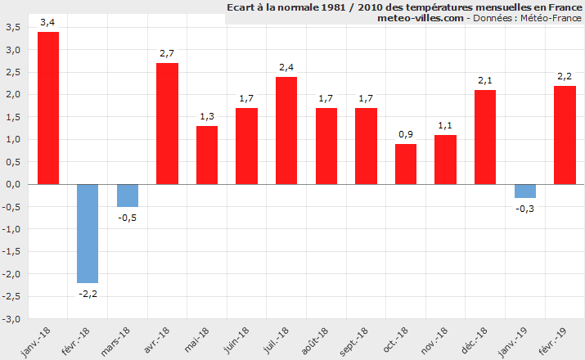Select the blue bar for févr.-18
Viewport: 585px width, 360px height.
pyautogui.click(x=88, y=233)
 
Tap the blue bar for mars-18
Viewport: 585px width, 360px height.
pyautogui.click(x=128, y=196)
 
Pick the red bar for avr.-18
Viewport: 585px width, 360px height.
pyautogui.click(x=167, y=124)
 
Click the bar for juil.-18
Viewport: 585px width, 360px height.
pyautogui.click(x=286, y=131)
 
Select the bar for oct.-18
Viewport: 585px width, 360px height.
pyautogui.click(x=406, y=164)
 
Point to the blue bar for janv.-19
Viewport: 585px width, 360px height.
pyautogui.click(x=525, y=191)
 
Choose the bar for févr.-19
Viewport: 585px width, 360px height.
pyautogui.click(x=565, y=135)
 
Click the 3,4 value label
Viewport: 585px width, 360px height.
pyautogui.click(x=48, y=22)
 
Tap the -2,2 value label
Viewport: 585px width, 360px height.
pyautogui.click(x=88, y=293)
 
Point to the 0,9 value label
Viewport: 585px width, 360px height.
pyautogui.click(x=406, y=134)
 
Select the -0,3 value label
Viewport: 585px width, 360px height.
pyautogui.click(x=525, y=209)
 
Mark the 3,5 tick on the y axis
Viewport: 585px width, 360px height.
pyautogui.click(x=13, y=27)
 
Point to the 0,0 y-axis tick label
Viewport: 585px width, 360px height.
pyautogui.click(x=13, y=184)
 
